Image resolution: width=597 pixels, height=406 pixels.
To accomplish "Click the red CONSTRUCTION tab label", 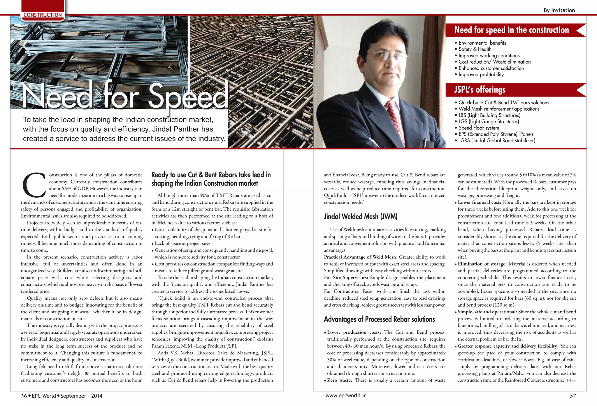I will click(43, 15).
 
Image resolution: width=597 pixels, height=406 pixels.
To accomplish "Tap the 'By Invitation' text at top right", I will click(559, 10).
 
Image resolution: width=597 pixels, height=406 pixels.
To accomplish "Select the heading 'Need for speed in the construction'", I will click(511, 30).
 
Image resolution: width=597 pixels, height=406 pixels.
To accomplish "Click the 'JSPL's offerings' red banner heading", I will click(480, 89).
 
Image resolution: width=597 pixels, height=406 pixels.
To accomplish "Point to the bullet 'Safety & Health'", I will click(475, 49).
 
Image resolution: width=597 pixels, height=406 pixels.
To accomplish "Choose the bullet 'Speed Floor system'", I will click(479, 128).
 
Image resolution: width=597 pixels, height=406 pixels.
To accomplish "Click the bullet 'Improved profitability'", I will click(481, 75).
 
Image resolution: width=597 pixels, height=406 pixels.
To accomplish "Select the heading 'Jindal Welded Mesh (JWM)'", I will click(361, 216).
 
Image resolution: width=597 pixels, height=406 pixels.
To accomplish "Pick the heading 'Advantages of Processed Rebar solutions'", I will click(379, 319).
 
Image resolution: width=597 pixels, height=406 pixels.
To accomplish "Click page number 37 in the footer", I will click(573, 396).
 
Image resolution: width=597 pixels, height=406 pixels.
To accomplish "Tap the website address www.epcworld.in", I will click(346, 396).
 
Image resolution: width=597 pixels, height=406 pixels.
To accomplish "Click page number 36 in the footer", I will click(24, 396).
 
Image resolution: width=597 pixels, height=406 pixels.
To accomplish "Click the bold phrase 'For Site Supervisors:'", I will click(346, 277).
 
